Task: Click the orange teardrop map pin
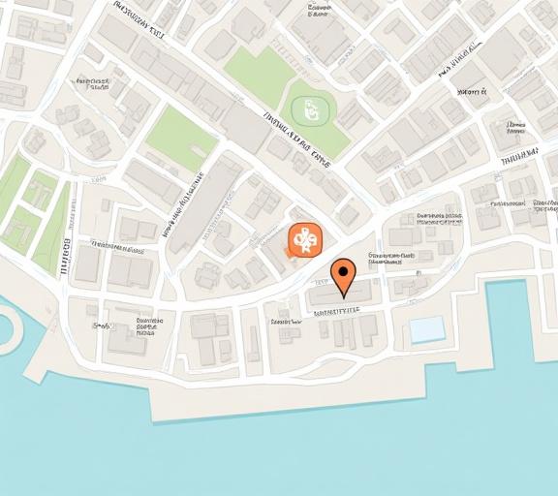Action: pos(342,274)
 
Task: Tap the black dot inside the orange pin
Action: pos(342,270)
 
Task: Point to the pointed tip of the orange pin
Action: pos(342,297)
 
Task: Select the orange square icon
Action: pos(303,239)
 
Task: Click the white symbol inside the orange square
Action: pos(303,238)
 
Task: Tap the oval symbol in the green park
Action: pos(305,108)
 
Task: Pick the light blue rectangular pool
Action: pos(426,329)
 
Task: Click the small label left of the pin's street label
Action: pos(285,321)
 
